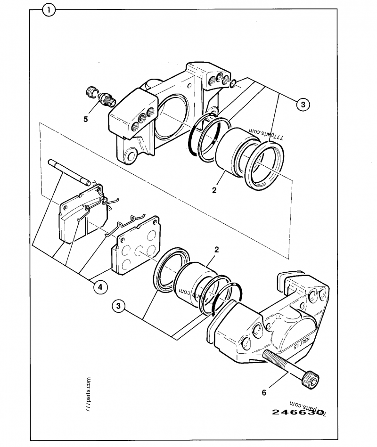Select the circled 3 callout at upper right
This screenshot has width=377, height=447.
[x=303, y=105]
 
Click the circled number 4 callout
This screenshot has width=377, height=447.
[x=99, y=286]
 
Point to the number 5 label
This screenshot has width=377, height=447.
[x=86, y=119]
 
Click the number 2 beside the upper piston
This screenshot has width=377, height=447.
[x=214, y=191]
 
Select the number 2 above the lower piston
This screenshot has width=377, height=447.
[x=217, y=250]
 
